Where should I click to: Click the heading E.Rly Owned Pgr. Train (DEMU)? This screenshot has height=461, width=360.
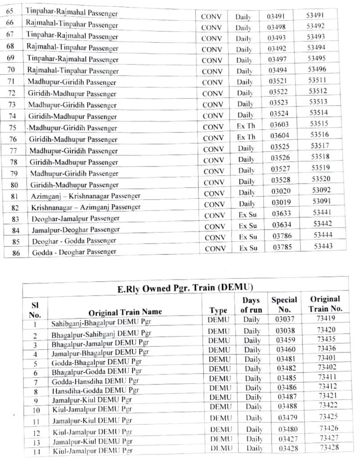point(185,289)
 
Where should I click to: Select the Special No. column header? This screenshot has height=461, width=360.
point(284,304)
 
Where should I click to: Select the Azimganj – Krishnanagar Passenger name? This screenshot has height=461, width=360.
point(86,196)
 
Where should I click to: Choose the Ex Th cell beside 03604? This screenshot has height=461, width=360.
point(246,136)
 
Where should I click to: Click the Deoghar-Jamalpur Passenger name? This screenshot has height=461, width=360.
point(75,218)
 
